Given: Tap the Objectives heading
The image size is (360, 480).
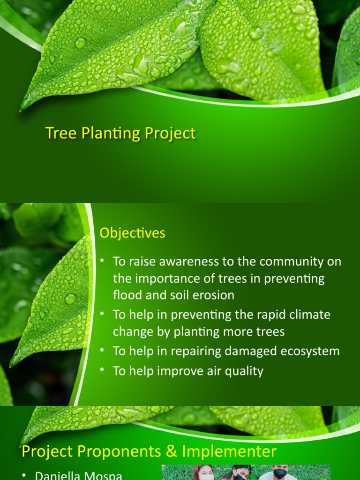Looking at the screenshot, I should point(132,233).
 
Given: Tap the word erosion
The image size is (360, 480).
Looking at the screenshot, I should point(211,295).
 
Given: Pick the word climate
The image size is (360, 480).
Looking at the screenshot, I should point(307,315).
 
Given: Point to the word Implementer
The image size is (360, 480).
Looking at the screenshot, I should point(230,452).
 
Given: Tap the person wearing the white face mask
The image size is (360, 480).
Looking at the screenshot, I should point(206,474).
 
